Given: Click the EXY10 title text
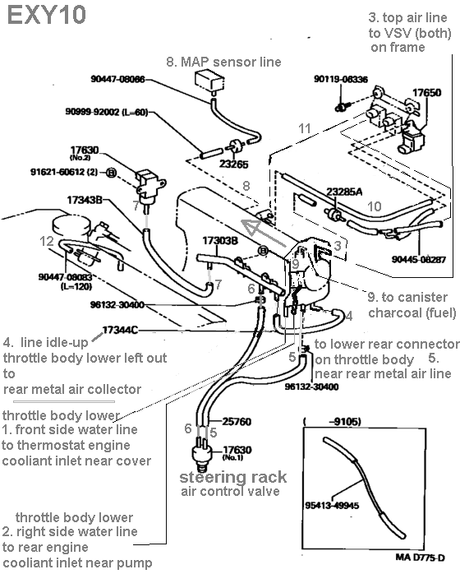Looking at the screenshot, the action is (47, 16).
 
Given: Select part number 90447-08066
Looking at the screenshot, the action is (117, 79).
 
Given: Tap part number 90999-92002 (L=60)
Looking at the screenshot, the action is (107, 112).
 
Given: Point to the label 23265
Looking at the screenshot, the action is (233, 164).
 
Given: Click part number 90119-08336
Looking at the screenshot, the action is (341, 79).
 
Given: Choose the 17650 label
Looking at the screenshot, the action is (426, 93).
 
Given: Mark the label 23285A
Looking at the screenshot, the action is (344, 192).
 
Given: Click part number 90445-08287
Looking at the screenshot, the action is (419, 260).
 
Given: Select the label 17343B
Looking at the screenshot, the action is (85, 200).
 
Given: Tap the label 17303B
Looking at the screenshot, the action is (220, 240).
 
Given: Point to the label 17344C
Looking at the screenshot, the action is (120, 331).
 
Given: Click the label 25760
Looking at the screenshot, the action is (237, 422).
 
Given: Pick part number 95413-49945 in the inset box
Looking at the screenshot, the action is (332, 506).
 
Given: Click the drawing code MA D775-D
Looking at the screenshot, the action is (420, 558).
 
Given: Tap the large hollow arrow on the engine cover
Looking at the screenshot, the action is (264, 232).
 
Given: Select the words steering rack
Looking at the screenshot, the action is (233, 477).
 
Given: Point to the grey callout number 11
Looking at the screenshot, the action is (304, 128).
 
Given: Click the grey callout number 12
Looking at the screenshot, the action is (47, 241).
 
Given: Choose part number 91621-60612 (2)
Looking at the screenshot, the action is (64, 172).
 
